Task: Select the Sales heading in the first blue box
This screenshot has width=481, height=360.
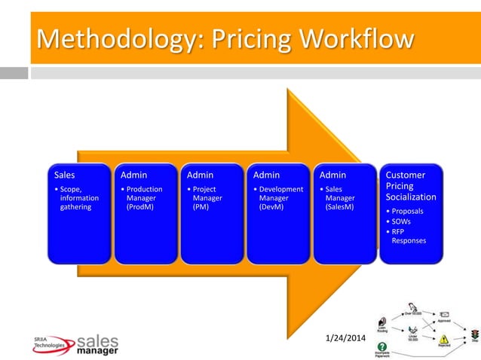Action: click(x=64, y=175)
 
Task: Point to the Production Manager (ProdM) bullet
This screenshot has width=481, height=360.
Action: click(x=142, y=198)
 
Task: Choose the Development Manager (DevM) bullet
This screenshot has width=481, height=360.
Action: click(x=280, y=198)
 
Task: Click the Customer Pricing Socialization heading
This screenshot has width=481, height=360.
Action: click(x=411, y=186)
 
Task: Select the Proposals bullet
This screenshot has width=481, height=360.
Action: click(x=406, y=212)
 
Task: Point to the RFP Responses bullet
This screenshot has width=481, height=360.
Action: click(x=407, y=236)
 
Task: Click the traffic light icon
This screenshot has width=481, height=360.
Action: click(x=474, y=333)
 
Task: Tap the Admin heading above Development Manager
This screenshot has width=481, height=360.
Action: click(x=267, y=175)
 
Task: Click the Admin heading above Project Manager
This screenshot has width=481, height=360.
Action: click(x=201, y=175)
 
